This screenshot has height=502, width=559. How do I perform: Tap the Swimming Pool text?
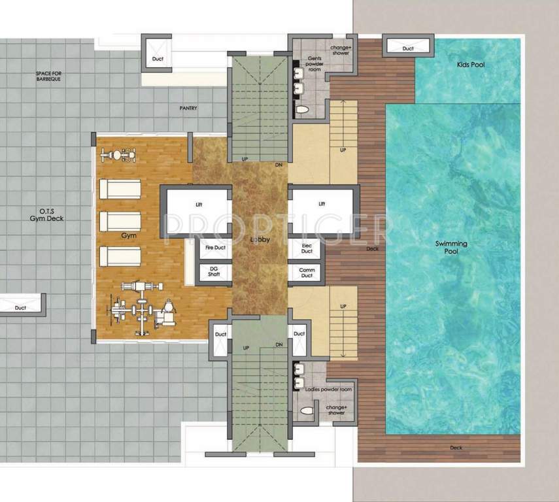click(x=451, y=247)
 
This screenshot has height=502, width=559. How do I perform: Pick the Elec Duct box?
click(x=307, y=248)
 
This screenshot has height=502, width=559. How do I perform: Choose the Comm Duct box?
click(x=307, y=273)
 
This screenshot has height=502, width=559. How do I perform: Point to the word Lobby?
click(x=260, y=239)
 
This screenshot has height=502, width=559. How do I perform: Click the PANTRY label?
click(x=188, y=109)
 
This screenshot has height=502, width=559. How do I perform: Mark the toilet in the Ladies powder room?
click(x=305, y=411)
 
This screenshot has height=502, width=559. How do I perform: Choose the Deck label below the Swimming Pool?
click(x=456, y=448)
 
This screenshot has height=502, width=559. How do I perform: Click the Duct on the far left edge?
click(x=21, y=306)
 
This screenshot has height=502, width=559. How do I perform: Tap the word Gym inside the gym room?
click(x=127, y=236)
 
